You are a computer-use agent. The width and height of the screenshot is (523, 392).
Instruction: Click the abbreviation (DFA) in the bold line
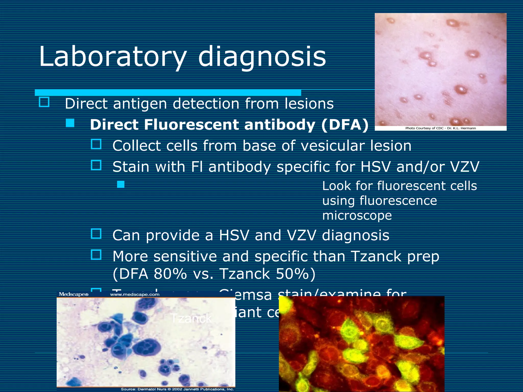coord(345,125)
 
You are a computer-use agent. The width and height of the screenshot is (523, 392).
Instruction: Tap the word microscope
coord(357,215)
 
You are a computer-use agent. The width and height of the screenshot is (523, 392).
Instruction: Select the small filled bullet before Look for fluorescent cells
coord(121,184)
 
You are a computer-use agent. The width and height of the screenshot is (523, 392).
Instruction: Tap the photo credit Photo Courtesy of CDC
coord(441,128)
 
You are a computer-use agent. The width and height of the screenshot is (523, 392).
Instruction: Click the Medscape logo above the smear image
coord(74,294)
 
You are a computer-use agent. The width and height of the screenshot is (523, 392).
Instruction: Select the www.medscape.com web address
coord(135,295)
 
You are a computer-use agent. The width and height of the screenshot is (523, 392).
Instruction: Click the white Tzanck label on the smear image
coord(191,318)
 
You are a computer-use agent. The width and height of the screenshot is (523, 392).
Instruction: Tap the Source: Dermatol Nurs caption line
coord(177,389)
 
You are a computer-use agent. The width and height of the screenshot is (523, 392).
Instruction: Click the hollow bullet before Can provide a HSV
coord(96,234)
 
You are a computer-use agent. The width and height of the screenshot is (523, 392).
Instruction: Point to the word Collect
coord(136,146)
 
